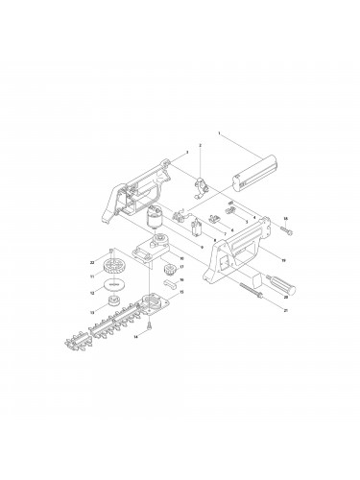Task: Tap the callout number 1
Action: click(x=219, y=132)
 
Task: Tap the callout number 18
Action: click(x=285, y=220)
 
